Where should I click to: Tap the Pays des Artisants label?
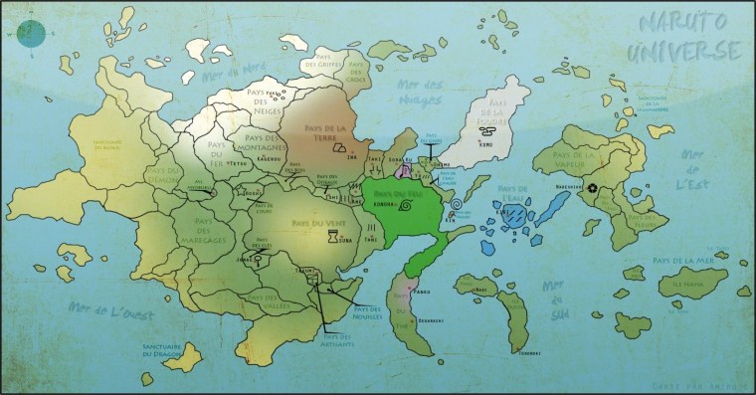tap(341, 338)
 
